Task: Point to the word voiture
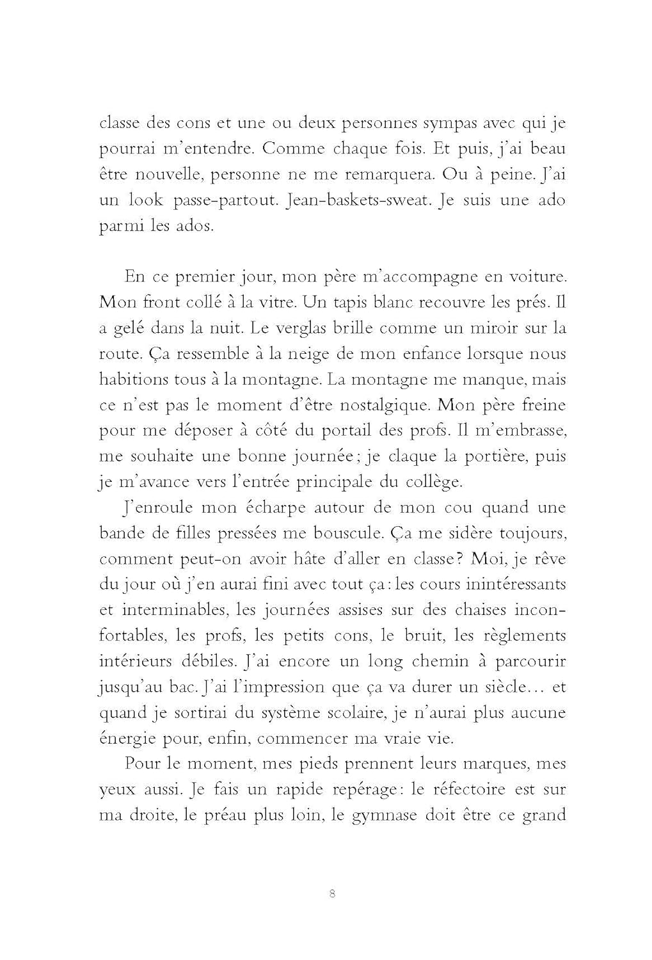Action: click(x=536, y=277)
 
